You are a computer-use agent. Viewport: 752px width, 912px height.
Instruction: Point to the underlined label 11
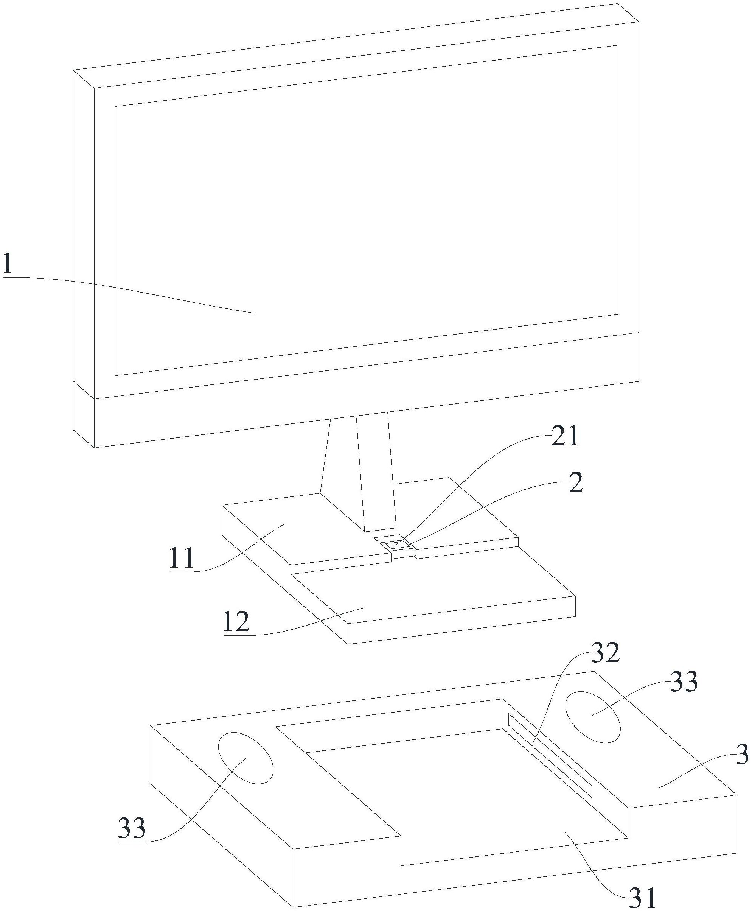click(182, 559)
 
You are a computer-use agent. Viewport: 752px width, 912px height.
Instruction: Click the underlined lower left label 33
click(132, 829)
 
